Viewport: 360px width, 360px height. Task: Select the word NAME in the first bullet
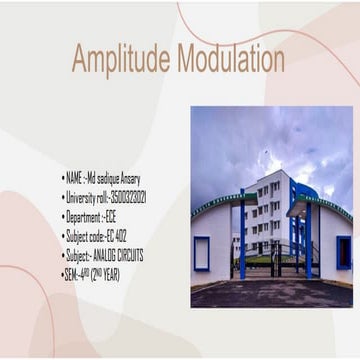[73, 179]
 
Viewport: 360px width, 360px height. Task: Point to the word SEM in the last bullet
[71, 273]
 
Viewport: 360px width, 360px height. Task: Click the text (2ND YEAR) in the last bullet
[105, 273]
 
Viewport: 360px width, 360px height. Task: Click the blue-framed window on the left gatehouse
[202, 252]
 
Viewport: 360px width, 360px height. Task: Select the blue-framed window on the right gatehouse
[344, 251]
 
